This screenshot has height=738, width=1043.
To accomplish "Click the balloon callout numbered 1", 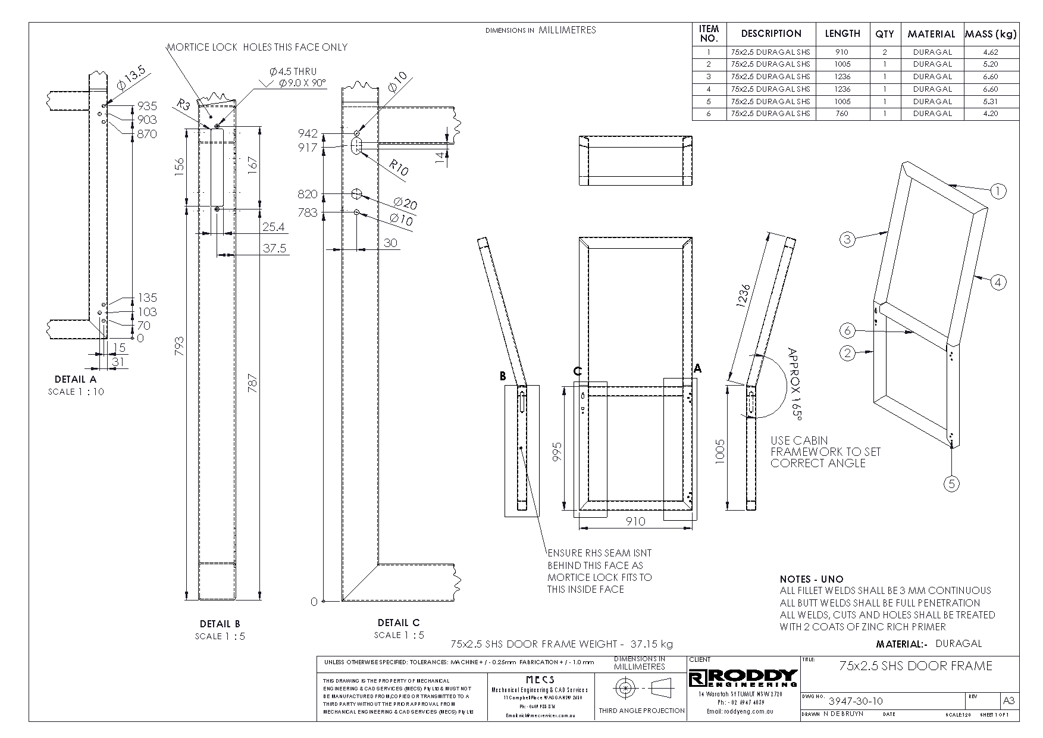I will click(x=998, y=191).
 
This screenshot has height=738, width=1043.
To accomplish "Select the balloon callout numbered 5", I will click(x=951, y=484).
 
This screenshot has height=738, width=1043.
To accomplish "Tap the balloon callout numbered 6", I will click(x=847, y=330).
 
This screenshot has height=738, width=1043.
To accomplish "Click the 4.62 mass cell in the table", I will click(x=991, y=52).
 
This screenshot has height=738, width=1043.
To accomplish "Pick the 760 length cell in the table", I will click(x=842, y=113).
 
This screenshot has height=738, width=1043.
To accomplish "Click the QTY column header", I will click(x=885, y=34).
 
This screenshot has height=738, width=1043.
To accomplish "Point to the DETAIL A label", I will click(x=76, y=379).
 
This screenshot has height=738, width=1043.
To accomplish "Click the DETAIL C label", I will click(x=399, y=623).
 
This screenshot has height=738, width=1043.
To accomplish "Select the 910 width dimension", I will click(x=636, y=521).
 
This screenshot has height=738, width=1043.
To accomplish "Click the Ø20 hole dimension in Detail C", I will click(x=405, y=204).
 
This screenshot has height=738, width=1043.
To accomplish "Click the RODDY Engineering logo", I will click(x=743, y=677).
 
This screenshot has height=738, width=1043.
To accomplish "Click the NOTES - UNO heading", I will click(x=812, y=579).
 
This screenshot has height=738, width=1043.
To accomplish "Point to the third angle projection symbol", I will click(x=641, y=689).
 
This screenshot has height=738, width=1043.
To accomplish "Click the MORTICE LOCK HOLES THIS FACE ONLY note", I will click(x=256, y=47).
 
